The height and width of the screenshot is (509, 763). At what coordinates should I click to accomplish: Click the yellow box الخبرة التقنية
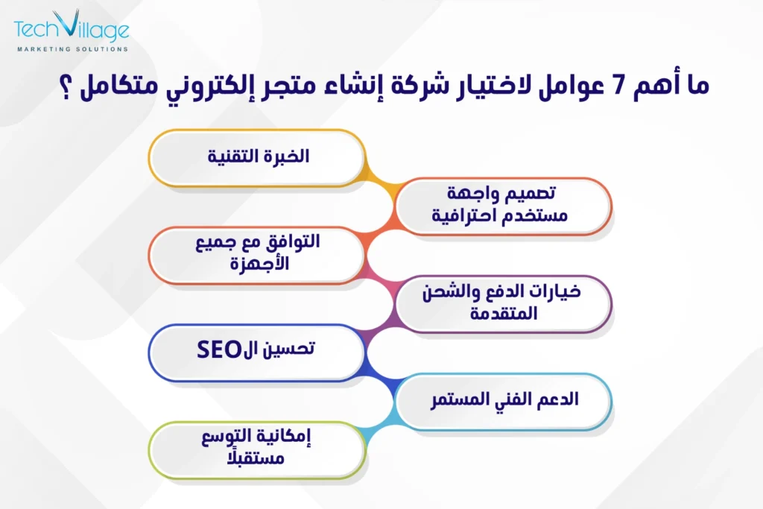point(256,157)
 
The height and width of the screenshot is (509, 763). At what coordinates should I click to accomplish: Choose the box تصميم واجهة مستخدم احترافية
point(503,206)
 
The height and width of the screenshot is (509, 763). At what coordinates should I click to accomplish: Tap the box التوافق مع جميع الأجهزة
point(256,254)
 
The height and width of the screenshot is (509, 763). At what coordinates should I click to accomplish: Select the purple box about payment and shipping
point(503,303)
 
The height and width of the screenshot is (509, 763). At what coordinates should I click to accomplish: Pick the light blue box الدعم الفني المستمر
point(503,399)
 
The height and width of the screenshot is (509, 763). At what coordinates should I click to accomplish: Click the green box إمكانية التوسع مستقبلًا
point(256,449)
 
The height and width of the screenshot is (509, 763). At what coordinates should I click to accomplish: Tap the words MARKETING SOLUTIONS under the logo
point(72,50)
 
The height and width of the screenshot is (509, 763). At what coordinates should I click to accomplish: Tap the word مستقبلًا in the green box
point(256,460)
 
